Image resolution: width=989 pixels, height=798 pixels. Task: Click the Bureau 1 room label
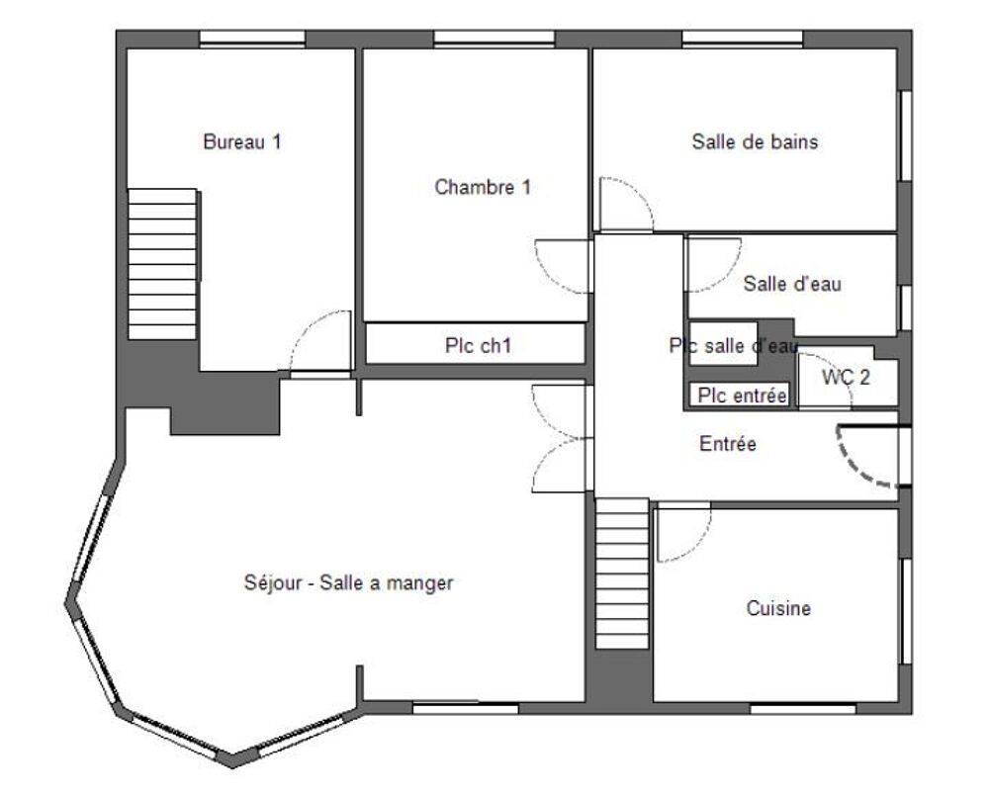tap(242, 141)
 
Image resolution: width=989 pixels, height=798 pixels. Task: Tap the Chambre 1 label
tap(483, 187)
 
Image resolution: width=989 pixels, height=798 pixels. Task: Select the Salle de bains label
tap(755, 141)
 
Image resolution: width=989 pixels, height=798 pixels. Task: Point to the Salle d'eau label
tap(792, 285)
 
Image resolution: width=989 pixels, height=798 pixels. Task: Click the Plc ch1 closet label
tap(478, 345)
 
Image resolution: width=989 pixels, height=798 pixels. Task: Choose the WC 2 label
tap(846, 376)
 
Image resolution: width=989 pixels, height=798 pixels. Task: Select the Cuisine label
tap(778, 609)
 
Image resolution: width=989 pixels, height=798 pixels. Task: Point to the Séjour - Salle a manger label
tap(348, 583)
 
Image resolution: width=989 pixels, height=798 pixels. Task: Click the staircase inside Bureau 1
tap(162, 265)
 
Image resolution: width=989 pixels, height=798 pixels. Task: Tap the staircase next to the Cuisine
tap(620, 574)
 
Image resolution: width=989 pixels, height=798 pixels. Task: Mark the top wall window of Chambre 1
tap(492, 39)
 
